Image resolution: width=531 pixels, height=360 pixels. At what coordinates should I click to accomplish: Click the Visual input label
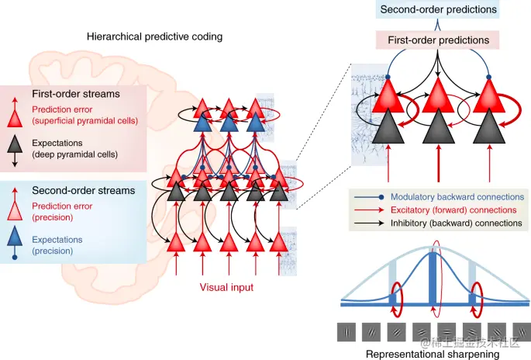pyautogui.click(x=226, y=286)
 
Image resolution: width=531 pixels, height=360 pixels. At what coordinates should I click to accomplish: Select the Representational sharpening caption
pyautogui.click(x=432, y=354)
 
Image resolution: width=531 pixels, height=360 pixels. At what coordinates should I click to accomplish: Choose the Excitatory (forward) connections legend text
pyautogui.click(x=453, y=209)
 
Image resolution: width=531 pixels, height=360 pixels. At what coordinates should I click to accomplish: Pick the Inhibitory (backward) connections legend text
pyautogui.click(x=453, y=223)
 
